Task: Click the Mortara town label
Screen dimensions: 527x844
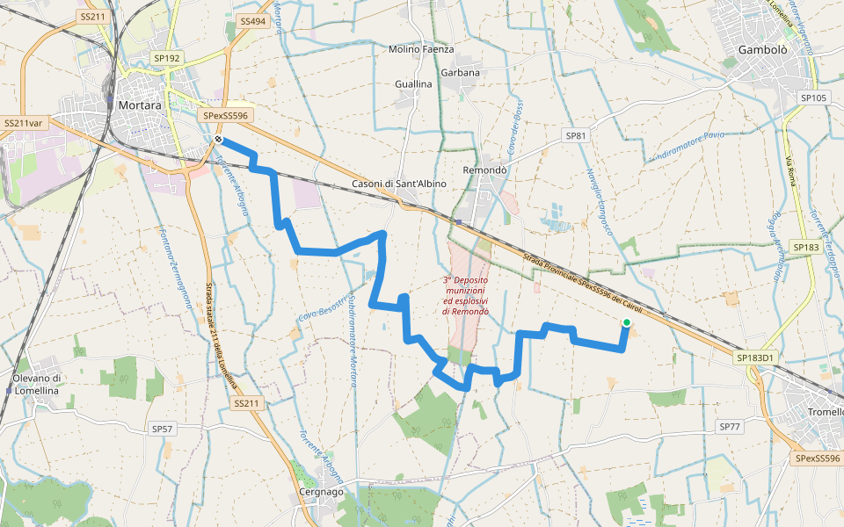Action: [139, 105]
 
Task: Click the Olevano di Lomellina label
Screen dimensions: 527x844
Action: [35, 384]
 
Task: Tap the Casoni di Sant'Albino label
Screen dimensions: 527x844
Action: [398, 184]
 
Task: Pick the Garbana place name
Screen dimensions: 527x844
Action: [461, 73]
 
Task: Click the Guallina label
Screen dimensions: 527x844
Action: [413, 84]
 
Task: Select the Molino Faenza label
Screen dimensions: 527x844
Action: [420, 49]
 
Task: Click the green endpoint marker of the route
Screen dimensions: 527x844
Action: [626, 323]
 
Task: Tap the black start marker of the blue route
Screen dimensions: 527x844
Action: [217, 139]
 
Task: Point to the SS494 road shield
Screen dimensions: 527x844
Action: [251, 20]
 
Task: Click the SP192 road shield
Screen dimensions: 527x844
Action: [166, 58]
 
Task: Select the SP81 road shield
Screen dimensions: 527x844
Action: [576, 136]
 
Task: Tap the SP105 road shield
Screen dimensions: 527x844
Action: [814, 97]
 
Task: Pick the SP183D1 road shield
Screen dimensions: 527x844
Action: [755, 357]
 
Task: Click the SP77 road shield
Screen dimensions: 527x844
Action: [731, 426]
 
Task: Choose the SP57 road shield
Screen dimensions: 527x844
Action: [163, 430]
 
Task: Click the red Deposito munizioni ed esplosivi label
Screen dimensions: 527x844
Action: [466, 295]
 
